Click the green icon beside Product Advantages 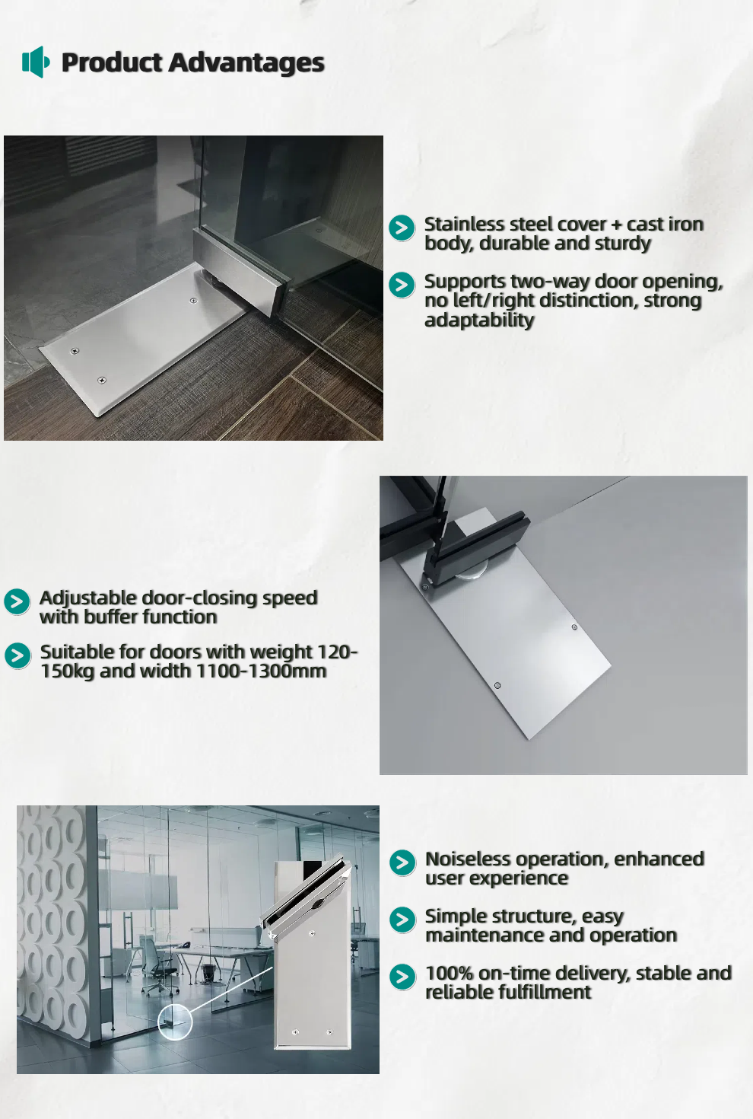click(x=36, y=62)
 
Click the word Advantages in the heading click(x=246, y=63)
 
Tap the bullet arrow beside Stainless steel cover click(x=402, y=228)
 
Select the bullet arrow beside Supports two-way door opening click(x=402, y=285)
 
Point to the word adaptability click(x=479, y=320)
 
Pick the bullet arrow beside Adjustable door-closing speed click(x=17, y=601)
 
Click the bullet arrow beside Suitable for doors click(x=17, y=655)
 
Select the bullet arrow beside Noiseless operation click(x=402, y=862)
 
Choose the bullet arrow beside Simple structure click(x=402, y=920)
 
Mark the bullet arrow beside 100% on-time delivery click(x=402, y=977)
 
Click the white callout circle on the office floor click(x=175, y=1022)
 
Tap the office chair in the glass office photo click(x=160, y=967)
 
